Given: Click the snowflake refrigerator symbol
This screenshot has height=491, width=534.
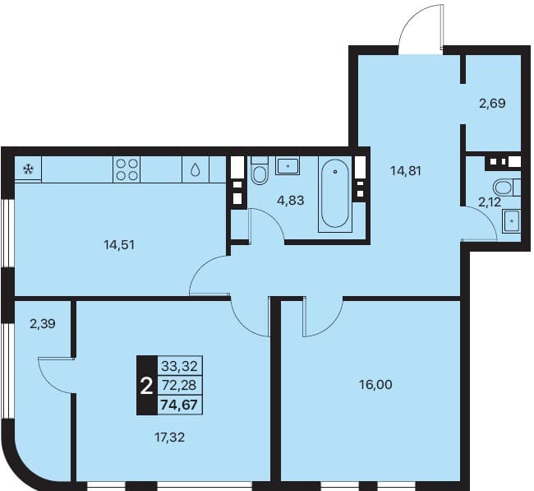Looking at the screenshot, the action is [28, 169].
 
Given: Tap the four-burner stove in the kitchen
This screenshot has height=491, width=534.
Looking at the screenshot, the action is [127, 169].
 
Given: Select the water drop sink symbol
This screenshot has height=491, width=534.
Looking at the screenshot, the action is [196, 169].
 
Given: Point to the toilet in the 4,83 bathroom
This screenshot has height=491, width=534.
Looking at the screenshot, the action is [260, 170].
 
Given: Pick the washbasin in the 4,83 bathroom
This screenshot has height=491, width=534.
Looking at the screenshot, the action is [288, 166].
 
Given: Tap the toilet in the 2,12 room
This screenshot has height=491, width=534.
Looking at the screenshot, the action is [507, 188].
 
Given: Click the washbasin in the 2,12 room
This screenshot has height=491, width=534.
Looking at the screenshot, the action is [512, 220].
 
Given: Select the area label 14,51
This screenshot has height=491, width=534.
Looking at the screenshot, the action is [119, 245].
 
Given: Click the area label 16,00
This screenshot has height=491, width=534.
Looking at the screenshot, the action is [375, 385].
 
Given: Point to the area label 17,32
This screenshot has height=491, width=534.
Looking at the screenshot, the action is [169, 437].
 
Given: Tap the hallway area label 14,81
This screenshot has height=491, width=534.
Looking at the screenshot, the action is [406, 171].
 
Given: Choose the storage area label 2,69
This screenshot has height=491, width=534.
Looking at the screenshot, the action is [492, 103].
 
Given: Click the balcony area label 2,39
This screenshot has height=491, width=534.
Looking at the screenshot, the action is [43, 323].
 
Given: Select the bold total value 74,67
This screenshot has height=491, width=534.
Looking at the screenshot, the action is [179, 405].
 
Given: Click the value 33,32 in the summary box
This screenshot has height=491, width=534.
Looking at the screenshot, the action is [179, 366].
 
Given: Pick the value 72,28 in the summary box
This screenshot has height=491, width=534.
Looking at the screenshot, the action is [179, 385].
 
